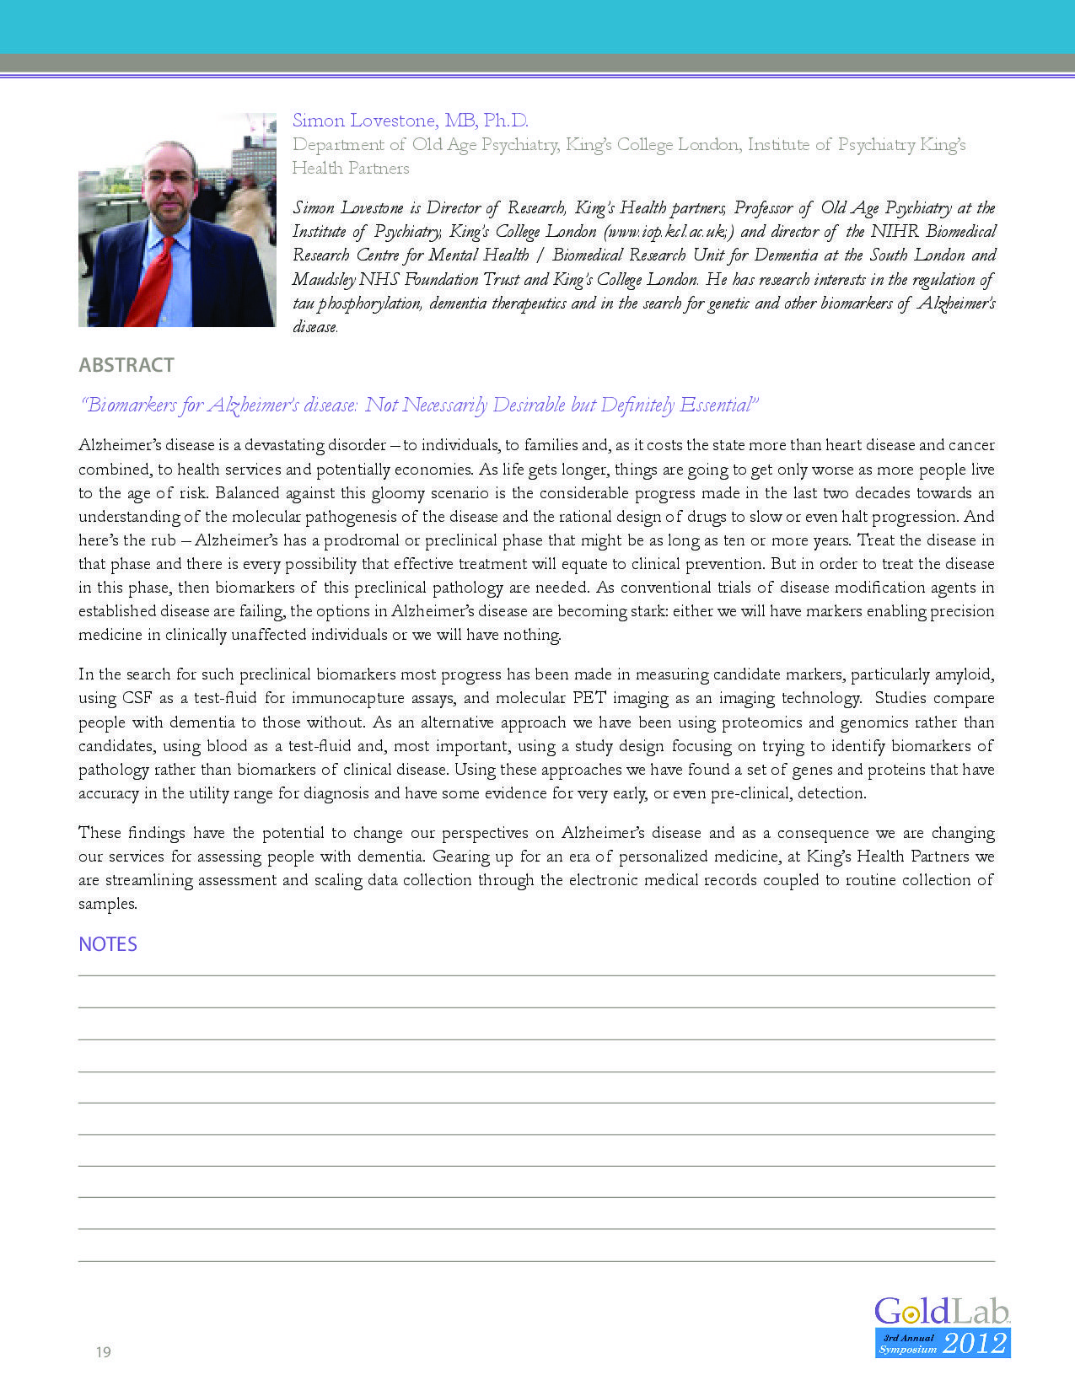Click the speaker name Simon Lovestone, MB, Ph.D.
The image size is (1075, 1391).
(x=410, y=121)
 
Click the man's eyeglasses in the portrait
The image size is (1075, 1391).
(x=168, y=178)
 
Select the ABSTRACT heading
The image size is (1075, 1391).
(x=126, y=365)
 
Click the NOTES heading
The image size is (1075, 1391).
(x=108, y=944)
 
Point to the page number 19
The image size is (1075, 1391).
(x=103, y=1352)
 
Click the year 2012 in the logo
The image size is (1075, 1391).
(x=975, y=1343)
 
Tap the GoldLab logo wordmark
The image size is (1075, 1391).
(x=941, y=1312)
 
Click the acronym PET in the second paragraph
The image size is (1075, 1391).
(x=589, y=698)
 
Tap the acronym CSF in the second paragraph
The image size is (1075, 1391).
(x=137, y=698)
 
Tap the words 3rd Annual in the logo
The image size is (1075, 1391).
(x=908, y=1338)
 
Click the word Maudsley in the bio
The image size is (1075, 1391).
(x=324, y=279)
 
